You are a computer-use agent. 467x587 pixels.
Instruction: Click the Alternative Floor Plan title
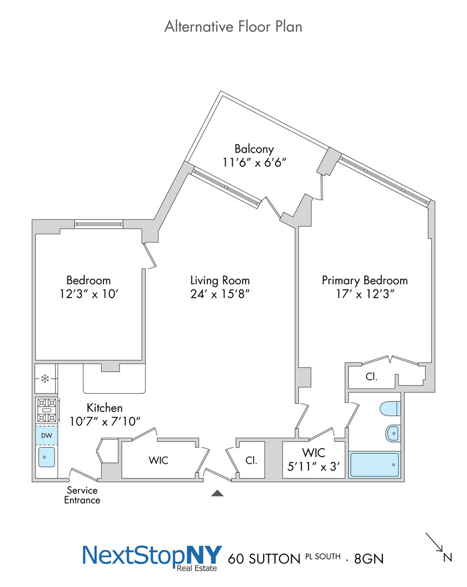point(233,26)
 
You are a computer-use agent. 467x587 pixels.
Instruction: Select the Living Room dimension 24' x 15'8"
point(220,294)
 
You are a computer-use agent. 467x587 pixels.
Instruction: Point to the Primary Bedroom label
point(364,281)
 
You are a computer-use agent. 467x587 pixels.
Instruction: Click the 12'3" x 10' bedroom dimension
point(88,294)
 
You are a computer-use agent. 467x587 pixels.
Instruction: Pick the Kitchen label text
point(105,407)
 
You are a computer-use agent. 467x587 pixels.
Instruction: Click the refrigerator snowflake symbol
point(45,379)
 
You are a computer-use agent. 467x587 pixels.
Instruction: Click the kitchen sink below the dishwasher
point(46,457)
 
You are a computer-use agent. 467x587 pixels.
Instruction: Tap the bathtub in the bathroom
point(374,465)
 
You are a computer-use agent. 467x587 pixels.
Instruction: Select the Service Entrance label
point(82,495)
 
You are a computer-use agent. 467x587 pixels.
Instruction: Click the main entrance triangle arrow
point(217,493)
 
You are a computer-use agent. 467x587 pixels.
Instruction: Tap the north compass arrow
point(435,542)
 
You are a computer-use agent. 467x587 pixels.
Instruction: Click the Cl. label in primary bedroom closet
point(371,377)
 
